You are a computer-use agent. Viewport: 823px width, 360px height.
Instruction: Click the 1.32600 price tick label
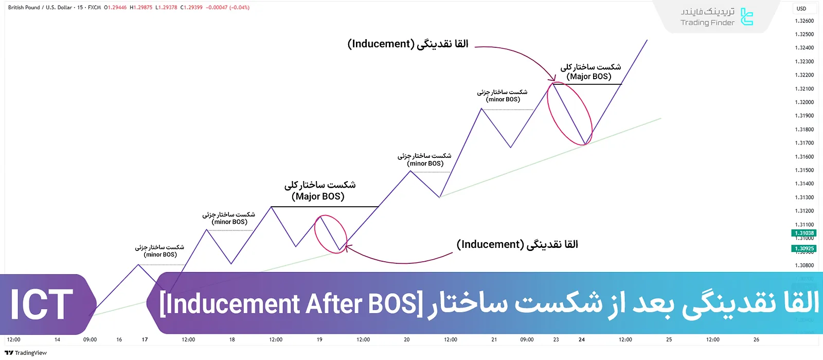coord(804,21)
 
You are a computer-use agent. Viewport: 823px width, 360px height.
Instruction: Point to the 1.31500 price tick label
coord(804,170)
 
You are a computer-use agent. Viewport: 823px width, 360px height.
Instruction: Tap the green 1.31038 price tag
coord(804,233)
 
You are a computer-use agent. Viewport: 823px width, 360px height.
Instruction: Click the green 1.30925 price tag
coord(804,248)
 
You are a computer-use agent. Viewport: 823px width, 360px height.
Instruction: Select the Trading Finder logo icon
coord(747,17)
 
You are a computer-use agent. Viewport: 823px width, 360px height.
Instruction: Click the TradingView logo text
coord(26,353)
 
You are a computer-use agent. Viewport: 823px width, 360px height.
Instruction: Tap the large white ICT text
coord(42,304)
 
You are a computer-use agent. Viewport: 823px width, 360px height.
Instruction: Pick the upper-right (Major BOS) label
coord(589,76)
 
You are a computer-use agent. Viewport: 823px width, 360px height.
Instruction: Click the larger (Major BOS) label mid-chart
coord(318,196)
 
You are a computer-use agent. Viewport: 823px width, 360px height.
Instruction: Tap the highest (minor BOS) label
coord(503,99)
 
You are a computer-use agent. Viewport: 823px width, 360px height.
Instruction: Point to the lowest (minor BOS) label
coord(160,255)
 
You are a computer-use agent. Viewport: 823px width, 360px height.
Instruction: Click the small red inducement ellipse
coord(331,234)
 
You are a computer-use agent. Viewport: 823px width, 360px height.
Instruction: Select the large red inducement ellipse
coord(569,113)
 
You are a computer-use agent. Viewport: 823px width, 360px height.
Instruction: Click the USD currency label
coord(801,9)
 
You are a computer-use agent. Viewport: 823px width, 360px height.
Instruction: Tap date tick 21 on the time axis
coord(494,339)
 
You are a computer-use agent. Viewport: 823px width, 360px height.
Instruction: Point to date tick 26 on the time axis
coord(756,339)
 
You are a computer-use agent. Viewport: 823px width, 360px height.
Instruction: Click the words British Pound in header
coord(24,8)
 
